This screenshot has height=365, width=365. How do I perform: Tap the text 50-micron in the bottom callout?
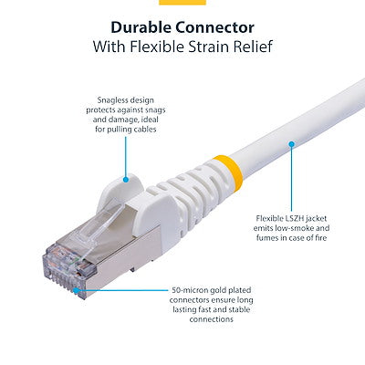pos(190,291)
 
